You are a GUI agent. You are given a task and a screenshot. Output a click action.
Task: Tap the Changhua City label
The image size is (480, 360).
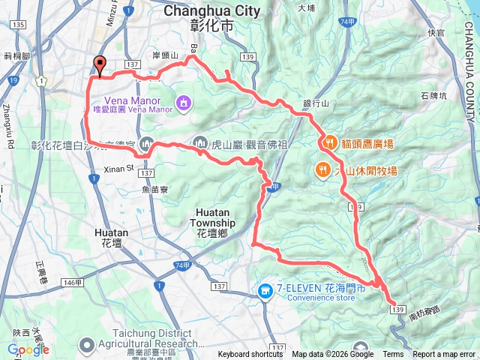click(x=211, y=10)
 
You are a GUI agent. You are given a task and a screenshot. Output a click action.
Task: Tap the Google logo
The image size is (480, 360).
click(x=28, y=349)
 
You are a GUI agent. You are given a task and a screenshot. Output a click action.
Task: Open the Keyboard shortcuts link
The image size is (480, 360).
click(x=250, y=355)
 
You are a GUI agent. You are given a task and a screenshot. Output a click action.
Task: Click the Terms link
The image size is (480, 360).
click(x=393, y=355)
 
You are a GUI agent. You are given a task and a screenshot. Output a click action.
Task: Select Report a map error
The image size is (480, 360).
click(x=445, y=355)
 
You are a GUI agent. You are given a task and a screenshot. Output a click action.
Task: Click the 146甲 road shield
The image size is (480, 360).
click(x=72, y=282)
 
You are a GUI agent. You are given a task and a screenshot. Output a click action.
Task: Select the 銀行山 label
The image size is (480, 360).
click(x=316, y=103)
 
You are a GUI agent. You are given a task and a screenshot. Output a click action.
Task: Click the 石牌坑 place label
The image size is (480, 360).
click(x=433, y=96)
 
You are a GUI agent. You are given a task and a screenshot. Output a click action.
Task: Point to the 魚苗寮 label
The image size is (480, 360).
click(x=154, y=190)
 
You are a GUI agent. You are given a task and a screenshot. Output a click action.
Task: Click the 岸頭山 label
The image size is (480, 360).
click(x=165, y=55)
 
